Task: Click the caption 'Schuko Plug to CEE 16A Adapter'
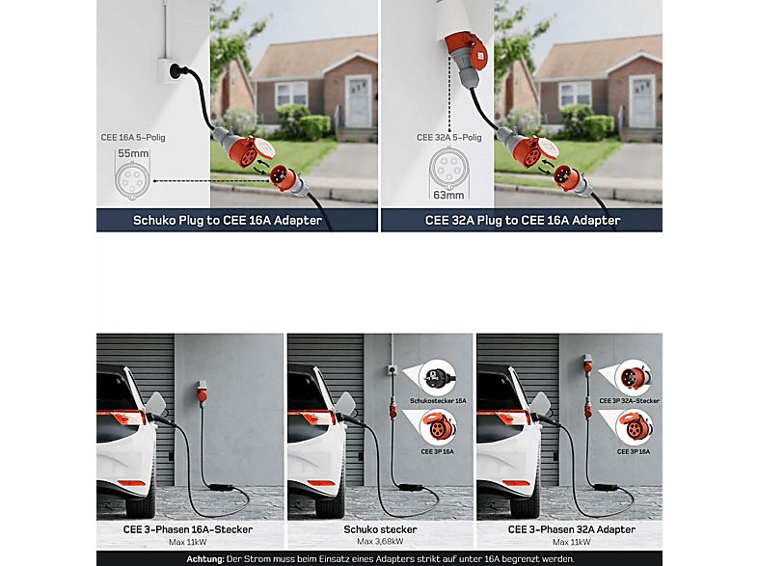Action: click(227, 221)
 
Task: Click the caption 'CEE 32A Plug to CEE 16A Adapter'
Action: click(523, 221)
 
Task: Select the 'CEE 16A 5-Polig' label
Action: click(133, 138)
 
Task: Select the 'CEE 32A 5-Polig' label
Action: click(448, 138)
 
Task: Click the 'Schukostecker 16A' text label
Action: click(438, 401)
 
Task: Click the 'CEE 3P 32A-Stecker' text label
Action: click(630, 401)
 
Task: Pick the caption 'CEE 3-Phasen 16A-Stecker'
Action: click(188, 529)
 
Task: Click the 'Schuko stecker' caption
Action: click(379, 529)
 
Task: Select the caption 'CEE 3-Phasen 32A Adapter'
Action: click(569, 529)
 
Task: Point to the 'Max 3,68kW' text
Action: click(379, 541)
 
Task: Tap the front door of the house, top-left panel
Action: click(358, 101)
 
